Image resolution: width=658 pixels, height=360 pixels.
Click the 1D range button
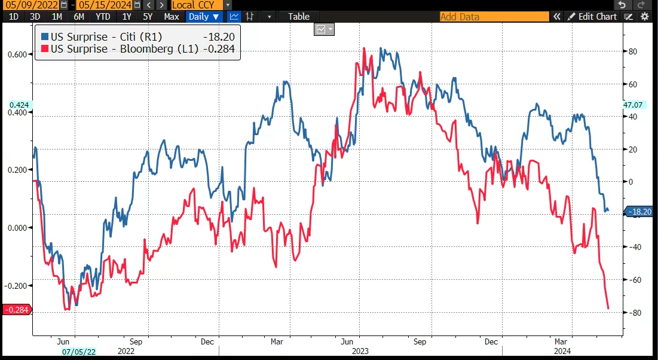pos(13,17)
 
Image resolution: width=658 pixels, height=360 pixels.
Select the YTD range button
pos(103,17)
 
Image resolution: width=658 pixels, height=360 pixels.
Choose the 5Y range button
pos(148,17)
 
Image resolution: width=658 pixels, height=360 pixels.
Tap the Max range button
pos(172,17)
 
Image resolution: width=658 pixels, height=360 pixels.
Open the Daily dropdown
pos(204,17)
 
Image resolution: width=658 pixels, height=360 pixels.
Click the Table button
pos(299,17)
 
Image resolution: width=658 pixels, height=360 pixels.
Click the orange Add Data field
pos(494,17)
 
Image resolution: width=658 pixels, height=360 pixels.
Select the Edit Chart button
pos(592,17)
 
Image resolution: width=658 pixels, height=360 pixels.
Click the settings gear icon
pos(644,17)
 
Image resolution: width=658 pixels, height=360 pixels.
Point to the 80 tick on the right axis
pos(632,51)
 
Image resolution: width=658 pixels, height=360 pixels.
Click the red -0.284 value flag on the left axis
pos(16,310)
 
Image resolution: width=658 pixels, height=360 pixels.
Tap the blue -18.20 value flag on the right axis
pos(640,211)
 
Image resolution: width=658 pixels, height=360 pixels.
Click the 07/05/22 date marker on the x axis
pos(79,352)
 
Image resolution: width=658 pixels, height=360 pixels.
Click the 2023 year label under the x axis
pos(361,352)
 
